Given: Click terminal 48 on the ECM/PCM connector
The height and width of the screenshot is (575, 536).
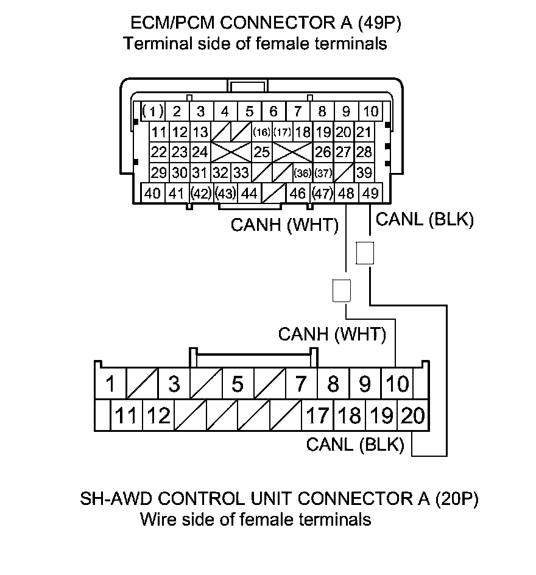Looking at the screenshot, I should click(346, 194).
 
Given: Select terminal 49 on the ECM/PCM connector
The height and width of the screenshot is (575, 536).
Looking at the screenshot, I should click(370, 194).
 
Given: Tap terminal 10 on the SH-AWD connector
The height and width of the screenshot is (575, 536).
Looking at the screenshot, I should click(397, 384).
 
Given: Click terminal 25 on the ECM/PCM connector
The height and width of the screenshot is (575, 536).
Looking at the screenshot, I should click(262, 151).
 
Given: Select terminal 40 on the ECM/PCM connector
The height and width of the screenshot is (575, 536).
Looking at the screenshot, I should click(153, 194).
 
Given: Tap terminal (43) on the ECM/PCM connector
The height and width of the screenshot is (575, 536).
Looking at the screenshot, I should click(225, 194).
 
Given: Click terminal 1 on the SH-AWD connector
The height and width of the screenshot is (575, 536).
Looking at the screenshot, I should click(110, 384).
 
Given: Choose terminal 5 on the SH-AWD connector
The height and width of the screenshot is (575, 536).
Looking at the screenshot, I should click(238, 384).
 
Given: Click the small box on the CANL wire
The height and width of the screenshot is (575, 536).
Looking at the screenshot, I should click(364, 253).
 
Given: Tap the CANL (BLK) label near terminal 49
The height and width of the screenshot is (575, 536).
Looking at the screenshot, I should click(425, 220).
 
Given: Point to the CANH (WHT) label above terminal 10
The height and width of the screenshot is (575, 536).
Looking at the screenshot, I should click(332, 334).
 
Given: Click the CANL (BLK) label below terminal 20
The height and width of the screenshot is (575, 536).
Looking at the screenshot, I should click(355, 445).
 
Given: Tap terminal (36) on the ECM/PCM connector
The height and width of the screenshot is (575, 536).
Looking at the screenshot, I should click(302, 173).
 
